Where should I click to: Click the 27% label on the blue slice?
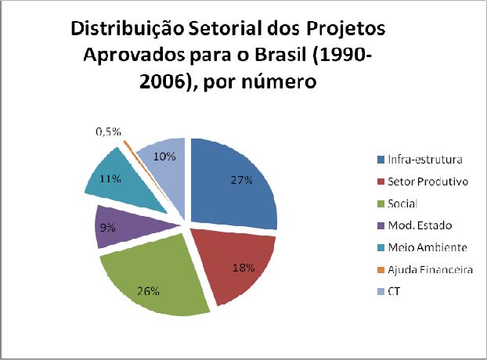pyautogui.click(x=241, y=180)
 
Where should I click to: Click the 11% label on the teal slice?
pyautogui.click(x=110, y=178)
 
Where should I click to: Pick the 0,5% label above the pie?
pyautogui.click(x=107, y=131)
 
